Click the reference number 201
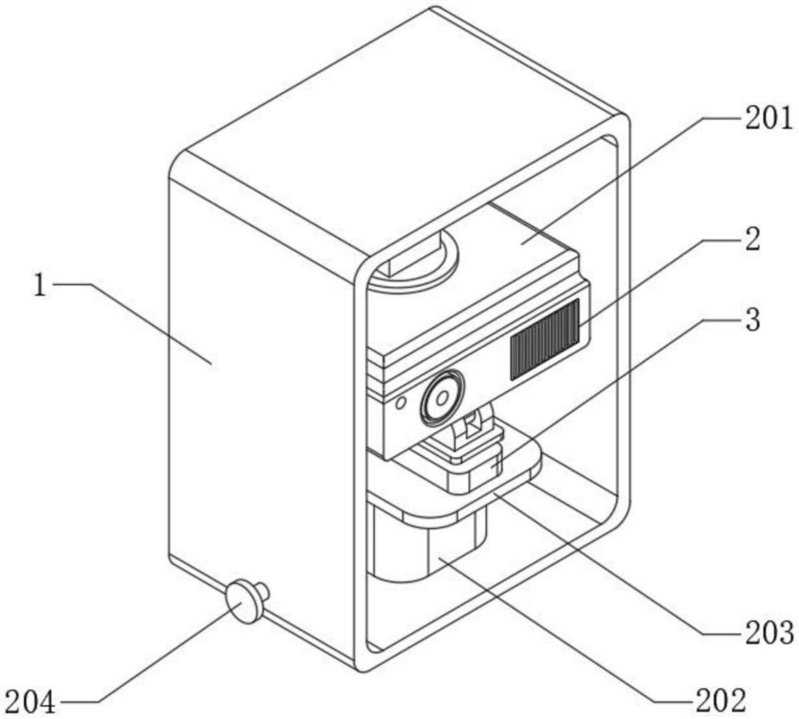(x=769, y=119)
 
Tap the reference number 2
(x=752, y=239)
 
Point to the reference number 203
(x=769, y=633)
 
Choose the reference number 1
(x=41, y=286)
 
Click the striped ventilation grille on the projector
(x=545, y=339)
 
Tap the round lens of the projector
(x=440, y=397)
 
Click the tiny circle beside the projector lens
(x=400, y=403)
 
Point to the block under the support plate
(x=426, y=546)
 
